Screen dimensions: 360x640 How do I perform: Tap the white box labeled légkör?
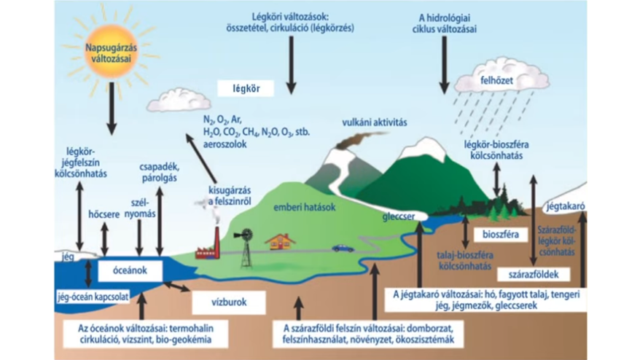tap(245, 88)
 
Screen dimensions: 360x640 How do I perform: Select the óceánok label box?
tap(125, 270)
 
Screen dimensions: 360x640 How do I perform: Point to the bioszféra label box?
tap(499, 235)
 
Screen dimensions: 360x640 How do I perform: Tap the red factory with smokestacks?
tap(210, 246)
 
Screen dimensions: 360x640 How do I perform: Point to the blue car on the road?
tap(343, 248)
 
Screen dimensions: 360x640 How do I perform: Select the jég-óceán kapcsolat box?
tap(88, 297)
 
